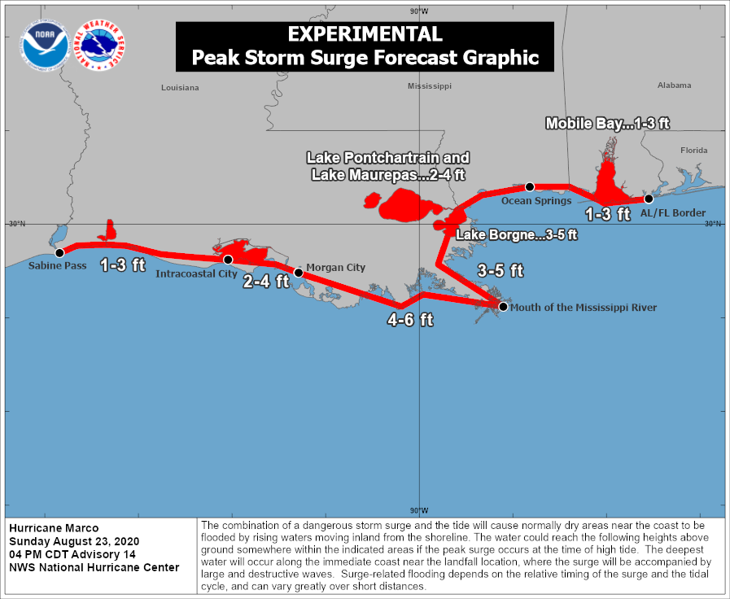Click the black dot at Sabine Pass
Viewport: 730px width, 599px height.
[x=59, y=252]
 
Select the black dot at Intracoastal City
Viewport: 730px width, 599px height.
[x=229, y=260]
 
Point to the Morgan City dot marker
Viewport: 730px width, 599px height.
[x=299, y=273]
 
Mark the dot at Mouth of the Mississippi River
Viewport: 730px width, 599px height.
[x=503, y=307]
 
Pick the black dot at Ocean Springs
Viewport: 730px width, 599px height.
[x=529, y=186]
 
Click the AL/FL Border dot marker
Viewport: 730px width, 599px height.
[x=649, y=199]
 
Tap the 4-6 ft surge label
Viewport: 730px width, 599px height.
[x=409, y=320]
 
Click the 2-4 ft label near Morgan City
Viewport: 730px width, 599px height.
[x=267, y=282]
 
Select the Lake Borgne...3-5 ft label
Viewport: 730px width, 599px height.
[x=516, y=235]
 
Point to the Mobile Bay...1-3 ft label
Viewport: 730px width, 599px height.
[x=607, y=124]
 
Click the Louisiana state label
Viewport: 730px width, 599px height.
[x=179, y=87]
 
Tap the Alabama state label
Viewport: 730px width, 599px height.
[x=674, y=85]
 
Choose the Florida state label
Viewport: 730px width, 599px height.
[x=694, y=150]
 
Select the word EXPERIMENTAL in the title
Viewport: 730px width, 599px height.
[x=365, y=34]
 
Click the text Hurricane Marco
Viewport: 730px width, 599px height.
[x=54, y=528]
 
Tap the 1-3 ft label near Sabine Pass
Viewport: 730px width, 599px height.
[x=122, y=265]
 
